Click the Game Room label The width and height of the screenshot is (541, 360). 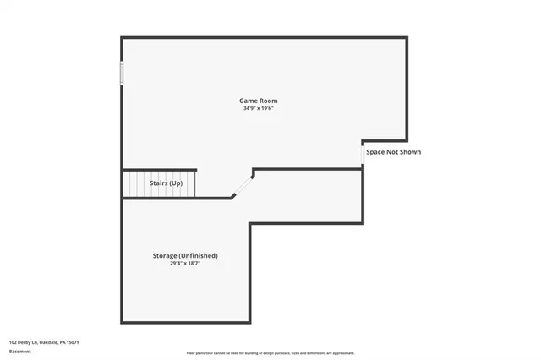coord(258,101)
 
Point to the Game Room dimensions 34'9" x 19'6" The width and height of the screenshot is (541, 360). coord(258,108)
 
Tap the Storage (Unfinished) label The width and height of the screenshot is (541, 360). coord(185,255)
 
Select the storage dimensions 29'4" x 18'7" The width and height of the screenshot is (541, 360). coord(185,263)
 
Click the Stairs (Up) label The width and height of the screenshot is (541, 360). coord(166,183)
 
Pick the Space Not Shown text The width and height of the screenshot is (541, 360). coord(393,152)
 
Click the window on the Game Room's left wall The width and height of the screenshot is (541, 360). coord(122,73)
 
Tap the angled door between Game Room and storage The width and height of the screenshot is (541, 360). coord(243,185)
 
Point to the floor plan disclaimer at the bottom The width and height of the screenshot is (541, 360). coord(270,353)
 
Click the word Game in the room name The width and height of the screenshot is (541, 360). coord(249,101)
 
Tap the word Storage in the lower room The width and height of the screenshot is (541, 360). coord(165,255)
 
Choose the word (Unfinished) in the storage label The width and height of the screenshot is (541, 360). coord(199,255)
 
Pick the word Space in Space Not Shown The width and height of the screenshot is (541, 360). coord(376,152)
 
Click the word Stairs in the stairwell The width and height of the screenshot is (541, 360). coord(158,183)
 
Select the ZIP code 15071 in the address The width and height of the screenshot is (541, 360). coord(73,342)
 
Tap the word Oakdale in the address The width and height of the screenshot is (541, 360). coord(47,342)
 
